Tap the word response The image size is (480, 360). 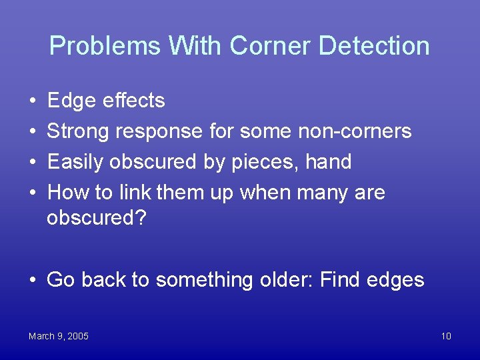point(159,131)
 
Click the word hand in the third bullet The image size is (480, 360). point(328,162)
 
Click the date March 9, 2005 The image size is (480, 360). point(59,336)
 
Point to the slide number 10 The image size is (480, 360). point(446,336)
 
